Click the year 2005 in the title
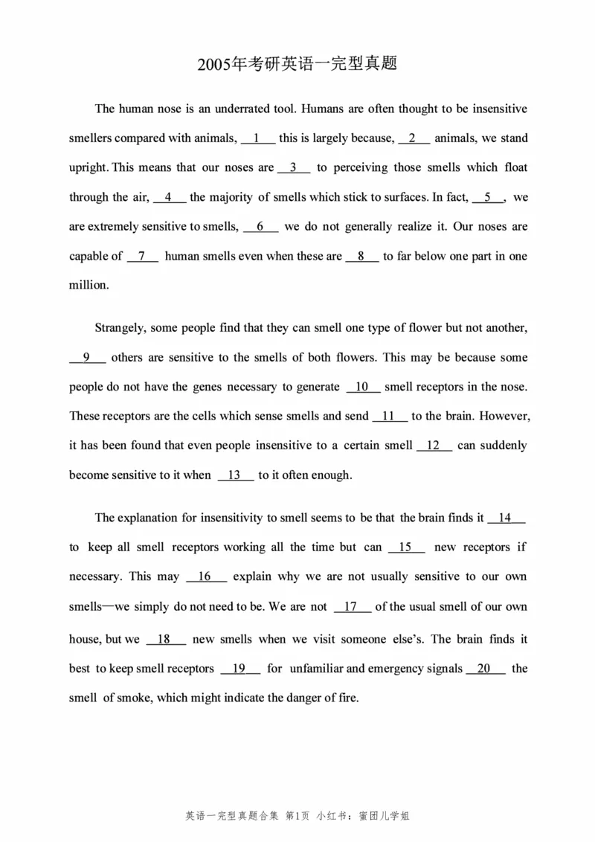[214, 65]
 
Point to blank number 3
[295, 168]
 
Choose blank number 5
[489, 198]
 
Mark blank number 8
[362, 257]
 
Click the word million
[89, 286]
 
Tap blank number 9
[88, 358]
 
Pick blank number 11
[389, 417]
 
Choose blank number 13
[236, 475]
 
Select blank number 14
[506, 518]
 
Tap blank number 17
[353, 607]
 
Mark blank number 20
[485, 669]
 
